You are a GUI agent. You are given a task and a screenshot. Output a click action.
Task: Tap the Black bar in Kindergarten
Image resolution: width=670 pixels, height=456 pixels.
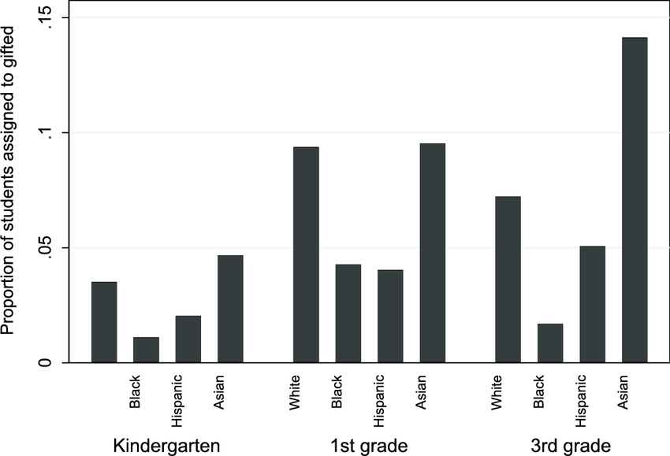pos(146,350)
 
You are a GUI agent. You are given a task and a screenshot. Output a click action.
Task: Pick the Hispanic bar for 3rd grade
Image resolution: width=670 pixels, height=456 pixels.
pos(592,304)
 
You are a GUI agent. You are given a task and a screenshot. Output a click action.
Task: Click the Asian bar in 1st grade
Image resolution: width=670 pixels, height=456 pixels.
pos(432,253)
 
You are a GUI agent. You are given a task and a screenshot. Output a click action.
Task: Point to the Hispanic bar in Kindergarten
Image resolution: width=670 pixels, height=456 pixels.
pos(188,339)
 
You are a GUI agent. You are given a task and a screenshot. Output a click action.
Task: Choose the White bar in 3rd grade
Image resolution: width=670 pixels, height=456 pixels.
pos(508,280)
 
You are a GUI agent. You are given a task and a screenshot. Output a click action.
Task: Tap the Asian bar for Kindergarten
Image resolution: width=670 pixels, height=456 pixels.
pos(230,309)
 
